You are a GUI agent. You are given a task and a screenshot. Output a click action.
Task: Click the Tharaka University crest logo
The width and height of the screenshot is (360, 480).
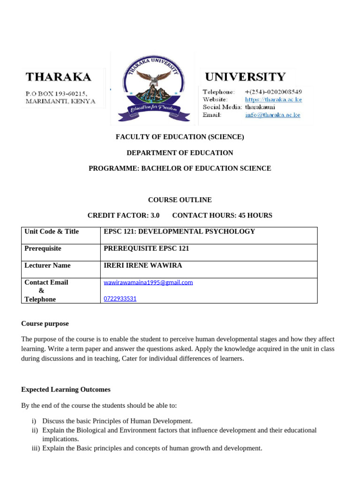(x=155, y=88)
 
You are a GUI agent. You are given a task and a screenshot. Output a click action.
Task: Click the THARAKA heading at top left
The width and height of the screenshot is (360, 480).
(x=58, y=76)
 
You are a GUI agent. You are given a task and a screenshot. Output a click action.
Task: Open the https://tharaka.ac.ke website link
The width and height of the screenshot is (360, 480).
(x=273, y=99)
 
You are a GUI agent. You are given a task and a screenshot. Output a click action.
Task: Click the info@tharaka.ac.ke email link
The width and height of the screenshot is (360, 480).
(x=272, y=115)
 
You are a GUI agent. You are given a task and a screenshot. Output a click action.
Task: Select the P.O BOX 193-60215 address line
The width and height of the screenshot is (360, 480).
(x=56, y=93)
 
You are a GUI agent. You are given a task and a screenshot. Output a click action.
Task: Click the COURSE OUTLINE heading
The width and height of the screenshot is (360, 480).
(x=180, y=200)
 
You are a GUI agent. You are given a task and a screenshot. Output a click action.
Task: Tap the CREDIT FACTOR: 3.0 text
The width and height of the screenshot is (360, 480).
(x=123, y=215)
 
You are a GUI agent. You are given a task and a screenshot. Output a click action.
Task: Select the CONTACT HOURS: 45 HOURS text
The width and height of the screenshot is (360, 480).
(x=222, y=215)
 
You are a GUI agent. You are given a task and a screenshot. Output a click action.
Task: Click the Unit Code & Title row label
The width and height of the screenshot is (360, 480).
(x=52, y=232)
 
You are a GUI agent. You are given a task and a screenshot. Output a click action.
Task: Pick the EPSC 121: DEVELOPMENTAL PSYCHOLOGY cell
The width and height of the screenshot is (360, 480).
(x=179, y=232)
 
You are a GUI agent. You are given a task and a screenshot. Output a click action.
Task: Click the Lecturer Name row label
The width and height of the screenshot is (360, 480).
(x=47, y=265)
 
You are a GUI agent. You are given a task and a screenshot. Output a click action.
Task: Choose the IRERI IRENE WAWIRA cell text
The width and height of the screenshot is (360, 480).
(x=142, y=265)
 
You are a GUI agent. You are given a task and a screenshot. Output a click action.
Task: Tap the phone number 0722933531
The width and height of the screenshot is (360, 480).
(x=120, y=299)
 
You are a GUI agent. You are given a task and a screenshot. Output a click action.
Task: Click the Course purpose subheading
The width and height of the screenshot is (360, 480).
(x=45, y=323)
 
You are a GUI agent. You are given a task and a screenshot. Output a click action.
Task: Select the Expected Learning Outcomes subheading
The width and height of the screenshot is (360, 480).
(x=66, y=390)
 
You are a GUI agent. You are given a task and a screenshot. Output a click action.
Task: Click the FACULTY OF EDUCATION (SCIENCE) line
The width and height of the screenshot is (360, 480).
(x=180, y=137)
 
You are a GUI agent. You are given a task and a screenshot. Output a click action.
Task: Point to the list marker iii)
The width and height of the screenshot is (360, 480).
(x=36, y=448)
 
